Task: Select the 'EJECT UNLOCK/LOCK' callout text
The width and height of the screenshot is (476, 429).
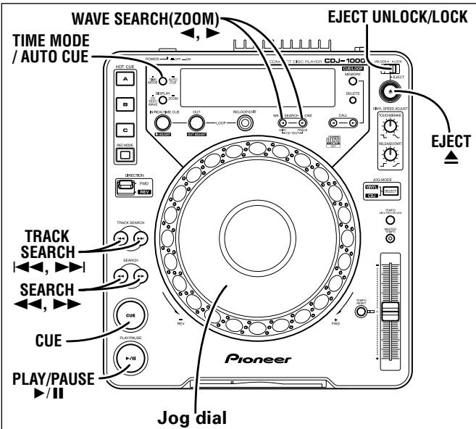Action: click(396, 14)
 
